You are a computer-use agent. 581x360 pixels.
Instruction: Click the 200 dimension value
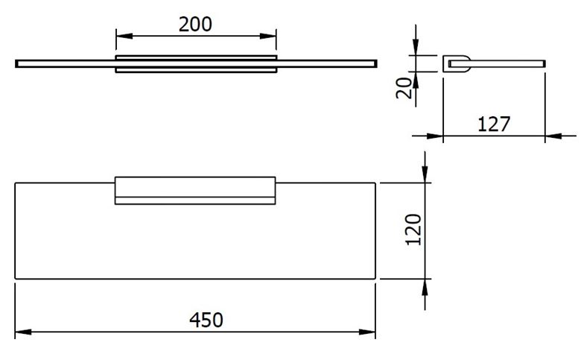[x=195, y=25]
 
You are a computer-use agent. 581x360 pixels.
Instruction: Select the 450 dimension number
[x=206, y=320]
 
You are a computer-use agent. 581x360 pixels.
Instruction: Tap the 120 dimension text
[x=414, y=230]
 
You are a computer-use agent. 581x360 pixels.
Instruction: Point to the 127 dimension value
[x=494, y=124]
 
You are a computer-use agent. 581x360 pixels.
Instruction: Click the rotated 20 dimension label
[x=404, y=88]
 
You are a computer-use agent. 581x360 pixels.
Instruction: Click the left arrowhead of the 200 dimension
[x=124, y=36]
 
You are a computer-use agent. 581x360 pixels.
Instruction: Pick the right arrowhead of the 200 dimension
[x=268, y=36]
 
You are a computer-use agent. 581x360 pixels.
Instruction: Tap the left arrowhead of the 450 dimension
[x=23, y=332]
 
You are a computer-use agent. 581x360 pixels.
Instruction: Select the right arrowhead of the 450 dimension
[x=367, y=332]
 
